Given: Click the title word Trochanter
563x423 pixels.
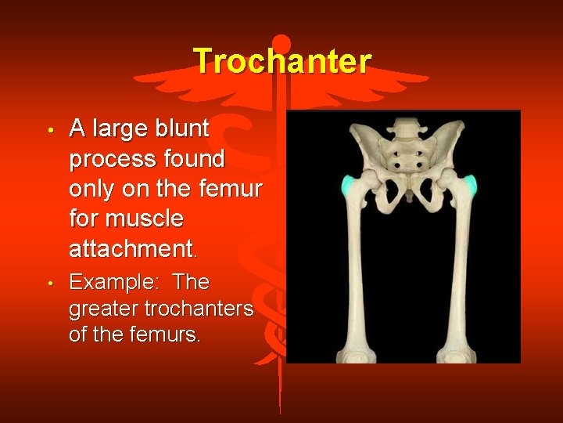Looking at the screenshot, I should (x=281, y=60).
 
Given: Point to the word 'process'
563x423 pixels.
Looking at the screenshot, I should (x=112, y=159).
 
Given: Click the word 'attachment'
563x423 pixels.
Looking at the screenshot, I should (x=131, y=249).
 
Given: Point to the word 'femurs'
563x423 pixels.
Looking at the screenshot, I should (x=170, y=335).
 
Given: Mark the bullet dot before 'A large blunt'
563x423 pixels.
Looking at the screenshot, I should (x=49, y=129).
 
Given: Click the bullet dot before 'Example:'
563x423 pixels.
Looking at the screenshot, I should (x=49, y=282).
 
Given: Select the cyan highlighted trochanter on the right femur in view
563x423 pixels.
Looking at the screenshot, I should (x=470, y=186).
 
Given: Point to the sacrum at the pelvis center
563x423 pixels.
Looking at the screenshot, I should (x=404, y=157).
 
